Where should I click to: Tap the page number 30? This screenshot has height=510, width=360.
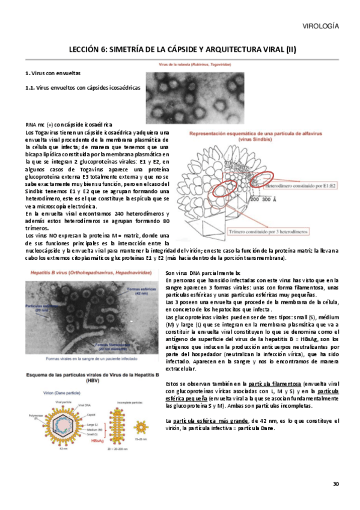coord(337,484)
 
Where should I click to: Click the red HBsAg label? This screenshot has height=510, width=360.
coord(99,441)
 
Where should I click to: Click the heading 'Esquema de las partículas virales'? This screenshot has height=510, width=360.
coord(78,374)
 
